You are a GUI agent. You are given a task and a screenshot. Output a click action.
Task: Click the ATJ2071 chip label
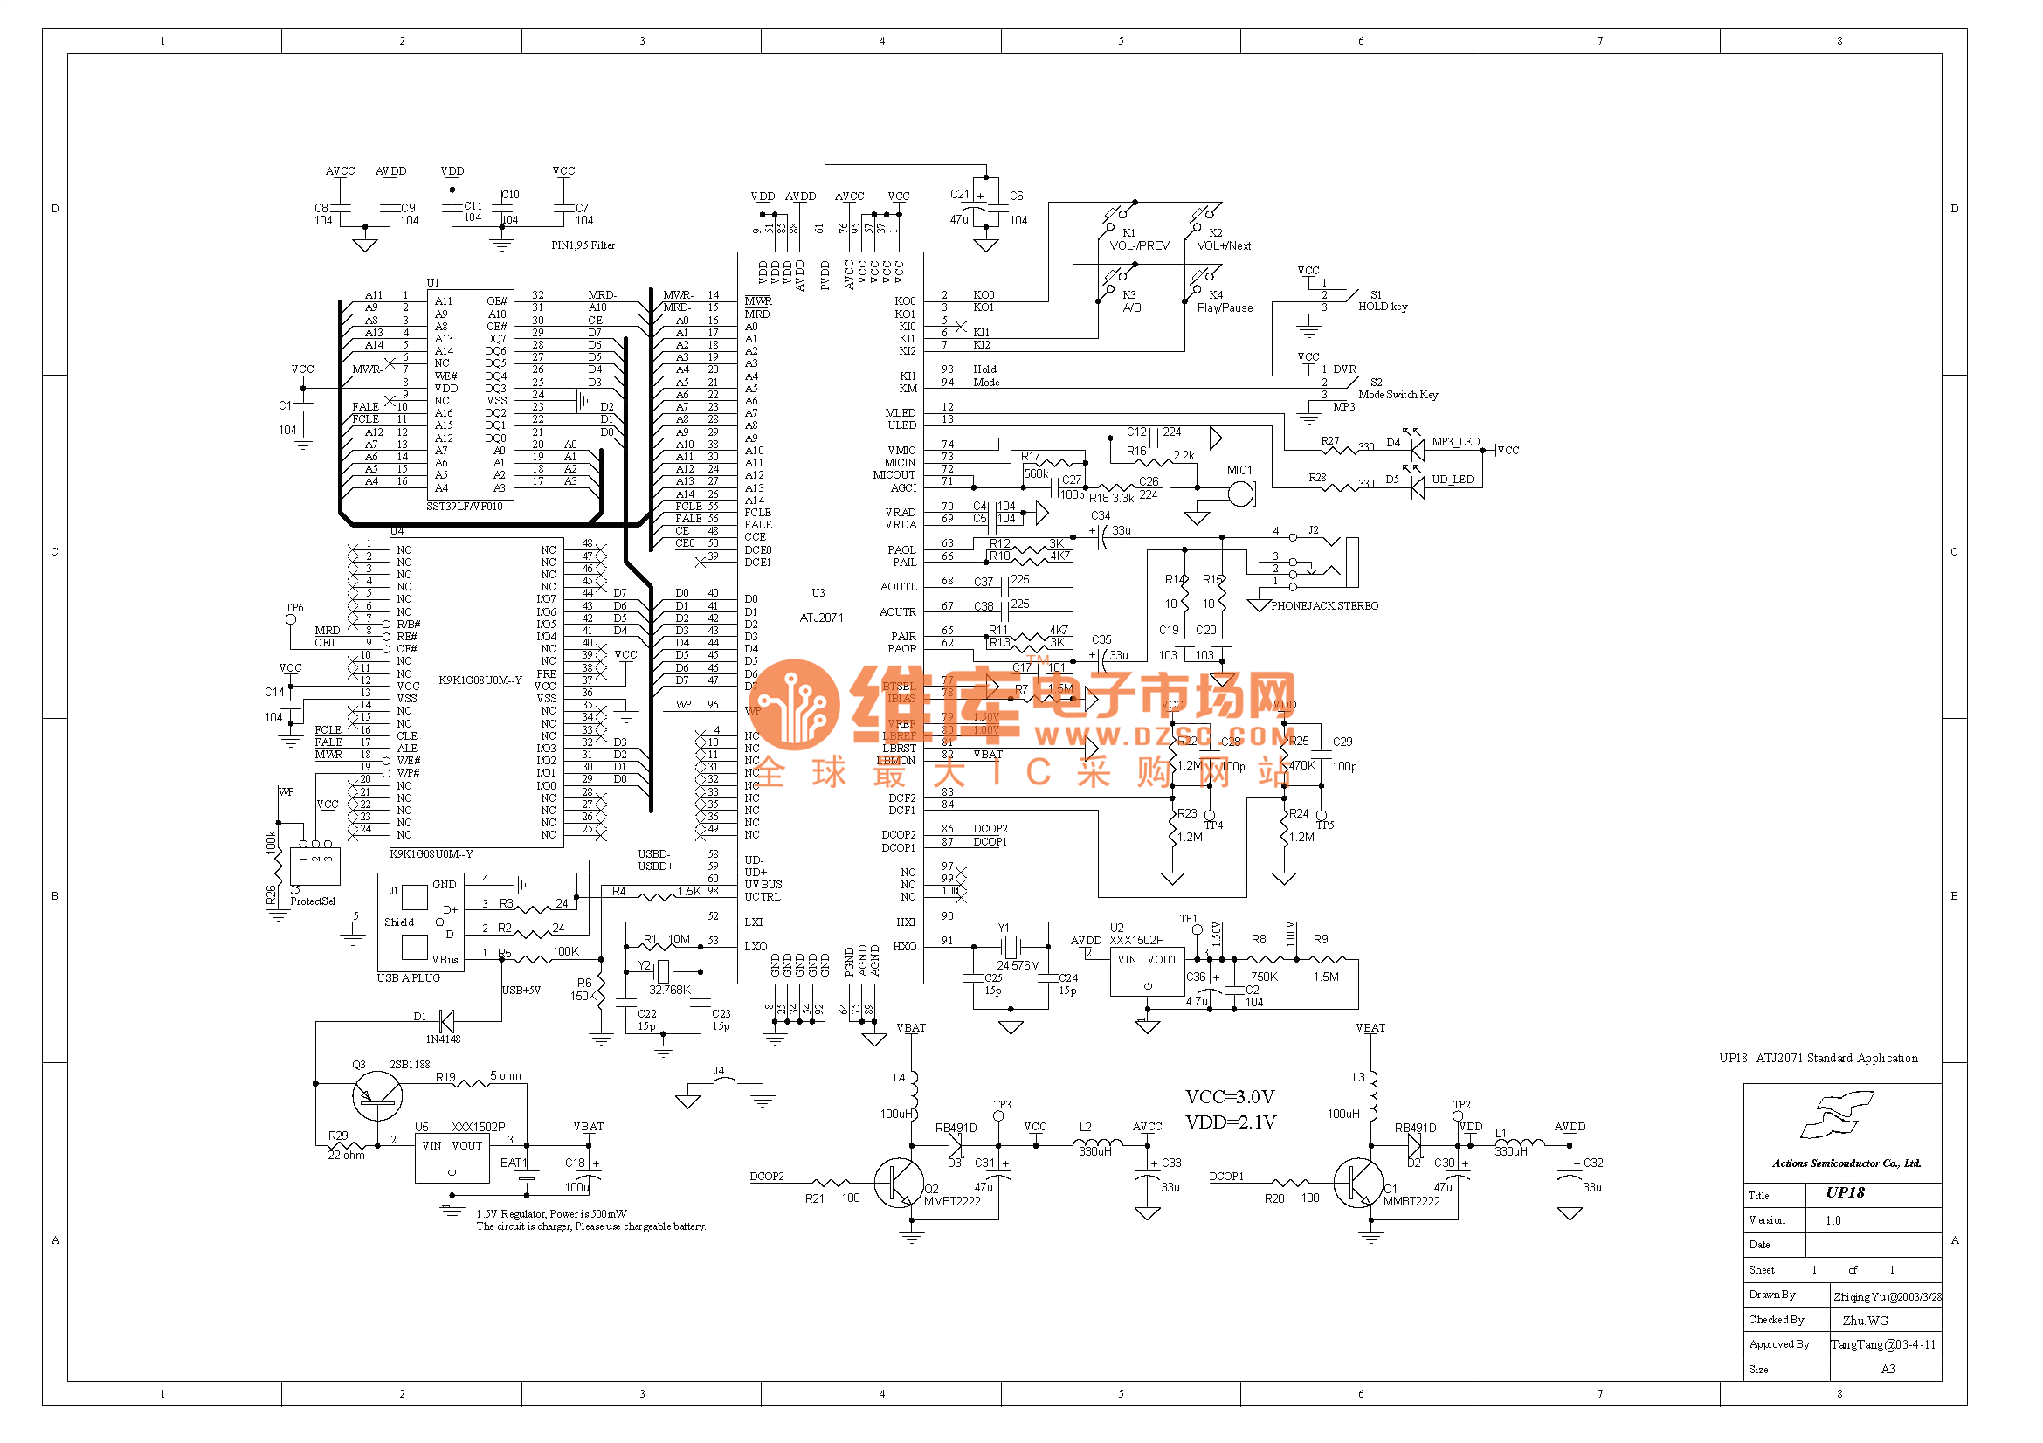click(821, 618)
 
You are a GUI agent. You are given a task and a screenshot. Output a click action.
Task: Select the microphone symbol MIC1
click(1241, 493)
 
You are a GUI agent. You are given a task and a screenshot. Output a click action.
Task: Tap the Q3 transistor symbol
click(377, 1096)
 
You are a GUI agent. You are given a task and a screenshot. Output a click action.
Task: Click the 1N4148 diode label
click(443, 1039)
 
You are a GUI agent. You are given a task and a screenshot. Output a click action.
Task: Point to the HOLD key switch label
click(1383, 307)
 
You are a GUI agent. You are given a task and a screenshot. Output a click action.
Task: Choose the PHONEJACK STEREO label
click(1324, 606)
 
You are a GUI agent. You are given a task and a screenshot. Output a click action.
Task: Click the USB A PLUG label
click(409, 978)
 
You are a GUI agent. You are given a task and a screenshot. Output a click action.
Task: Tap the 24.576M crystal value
click(1018, 965)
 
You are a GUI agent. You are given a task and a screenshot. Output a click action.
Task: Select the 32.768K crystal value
click(670, 990)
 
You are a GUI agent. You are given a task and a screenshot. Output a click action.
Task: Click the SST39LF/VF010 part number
click(465, 507)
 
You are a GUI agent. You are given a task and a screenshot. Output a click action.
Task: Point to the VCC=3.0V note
click(1230, 1097)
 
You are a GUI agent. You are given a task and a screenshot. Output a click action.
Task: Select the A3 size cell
click(1887, 1369)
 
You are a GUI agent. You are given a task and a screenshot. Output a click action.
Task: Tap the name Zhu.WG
click(1865, 1320)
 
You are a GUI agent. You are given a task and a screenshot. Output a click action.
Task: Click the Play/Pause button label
click(1225, 307)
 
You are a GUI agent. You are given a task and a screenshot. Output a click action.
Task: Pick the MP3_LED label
click(1455, 442)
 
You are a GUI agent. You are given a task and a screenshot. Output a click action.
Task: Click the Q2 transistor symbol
click(895, 1183)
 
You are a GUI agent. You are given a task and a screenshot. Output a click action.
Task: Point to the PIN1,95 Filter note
click(583, 245)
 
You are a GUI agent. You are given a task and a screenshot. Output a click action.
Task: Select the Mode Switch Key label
click(1398, 395)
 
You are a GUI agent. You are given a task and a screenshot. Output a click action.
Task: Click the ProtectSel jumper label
click(313, 901)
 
